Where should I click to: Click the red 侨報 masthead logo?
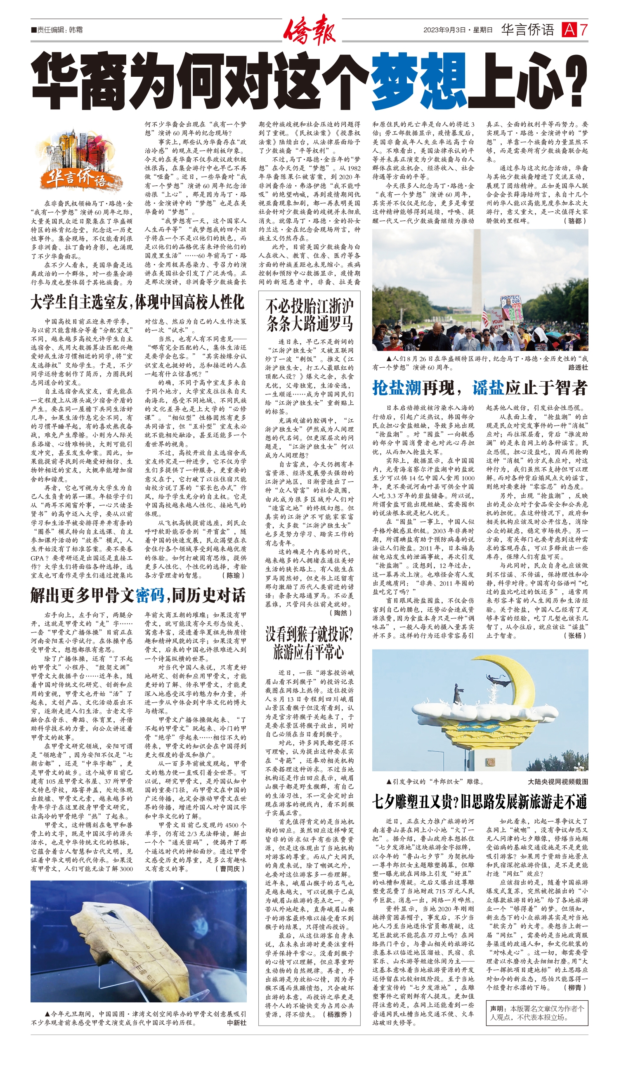tap(309, 30)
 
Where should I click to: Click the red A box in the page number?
tap(568, 30)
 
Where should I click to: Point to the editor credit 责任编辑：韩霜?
tap(57, 30)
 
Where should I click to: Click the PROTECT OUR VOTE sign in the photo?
tap(510, 302)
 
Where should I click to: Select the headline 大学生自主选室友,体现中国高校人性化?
tap(137, 302)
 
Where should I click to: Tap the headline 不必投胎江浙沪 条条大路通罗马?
tap(309, 315)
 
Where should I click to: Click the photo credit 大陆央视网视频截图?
tap(558, 782)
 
